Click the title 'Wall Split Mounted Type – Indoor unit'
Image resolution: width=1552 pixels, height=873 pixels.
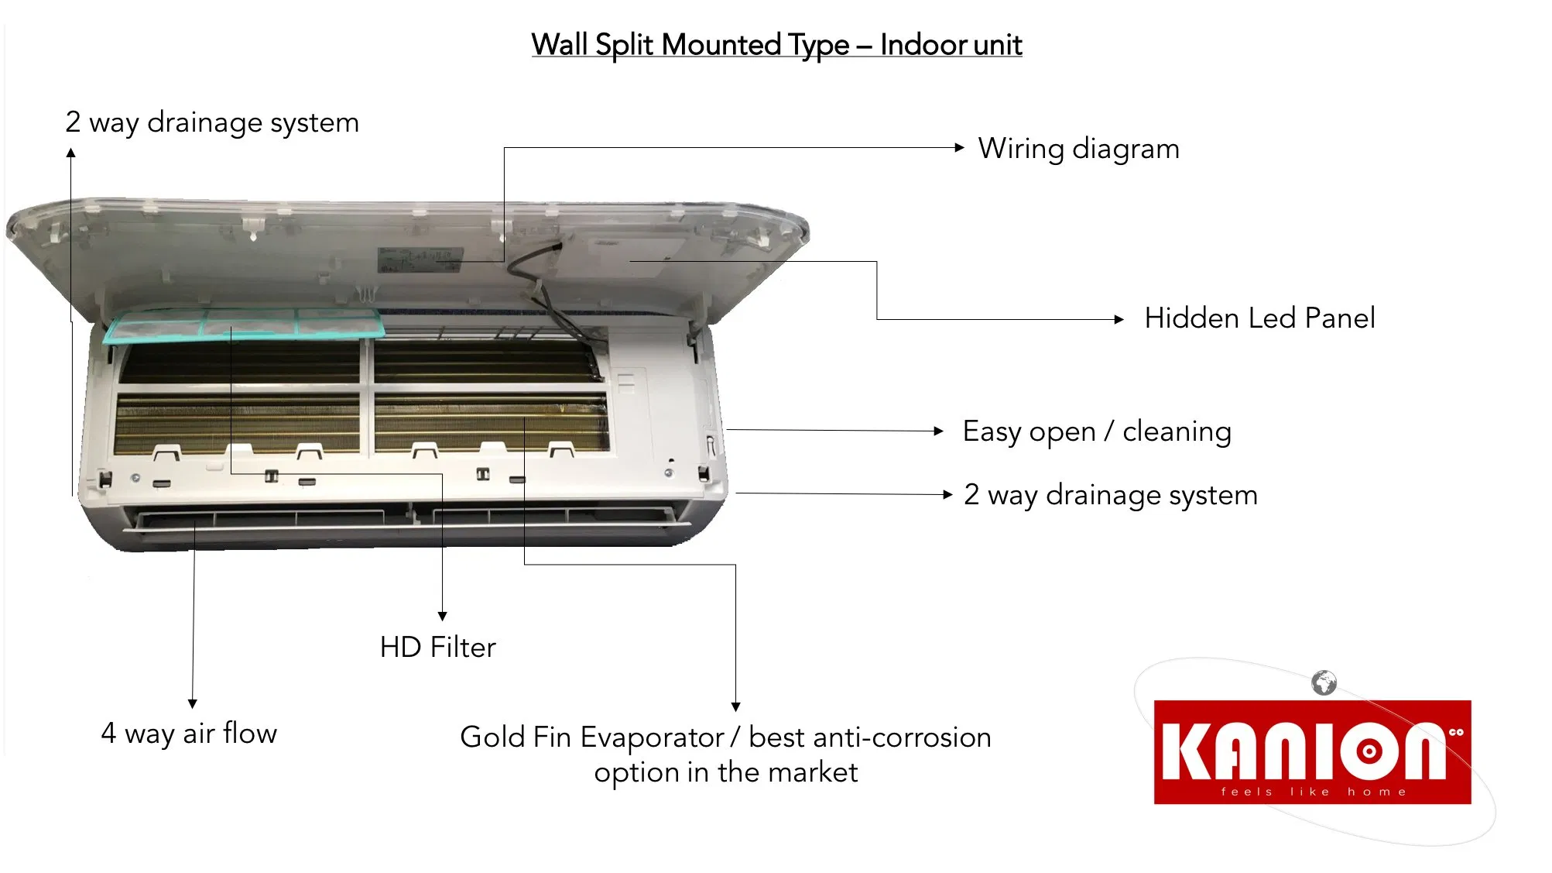click(x=776, y=45)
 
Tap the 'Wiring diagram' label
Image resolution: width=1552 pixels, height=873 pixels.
click(x=1079, y=148)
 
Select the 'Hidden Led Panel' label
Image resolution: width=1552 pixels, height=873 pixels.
click(x=1259, y=318)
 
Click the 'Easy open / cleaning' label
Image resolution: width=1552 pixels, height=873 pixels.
click(x=1097, y=431)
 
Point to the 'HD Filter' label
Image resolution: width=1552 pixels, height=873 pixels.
click(x=437, y=647)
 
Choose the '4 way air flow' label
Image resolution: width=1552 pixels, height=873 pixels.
click(x=189, y=733)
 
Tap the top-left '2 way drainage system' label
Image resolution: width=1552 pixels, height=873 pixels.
click(x=212, y=122)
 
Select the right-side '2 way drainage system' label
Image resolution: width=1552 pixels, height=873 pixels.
click(x=1111, y=495)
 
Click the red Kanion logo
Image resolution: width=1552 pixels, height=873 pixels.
click(x=1312, y=752)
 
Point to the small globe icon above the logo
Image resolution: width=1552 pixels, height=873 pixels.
click(x=1324, y=682)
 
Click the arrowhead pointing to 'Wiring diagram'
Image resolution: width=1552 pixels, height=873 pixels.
click(x=960, y=147)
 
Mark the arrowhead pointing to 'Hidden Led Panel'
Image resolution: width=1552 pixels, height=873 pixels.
click(x=1119, y=319)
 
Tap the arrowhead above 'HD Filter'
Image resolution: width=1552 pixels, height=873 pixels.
click(x=443, y=616)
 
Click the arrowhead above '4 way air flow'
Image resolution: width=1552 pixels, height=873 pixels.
click(x=193, y=703)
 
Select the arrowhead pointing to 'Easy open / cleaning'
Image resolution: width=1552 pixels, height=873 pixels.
click(x=939, y=431)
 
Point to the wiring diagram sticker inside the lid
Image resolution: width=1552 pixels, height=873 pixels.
click(x=420, y=259)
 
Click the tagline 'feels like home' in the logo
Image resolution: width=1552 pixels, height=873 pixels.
click(x=1313, y=792)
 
